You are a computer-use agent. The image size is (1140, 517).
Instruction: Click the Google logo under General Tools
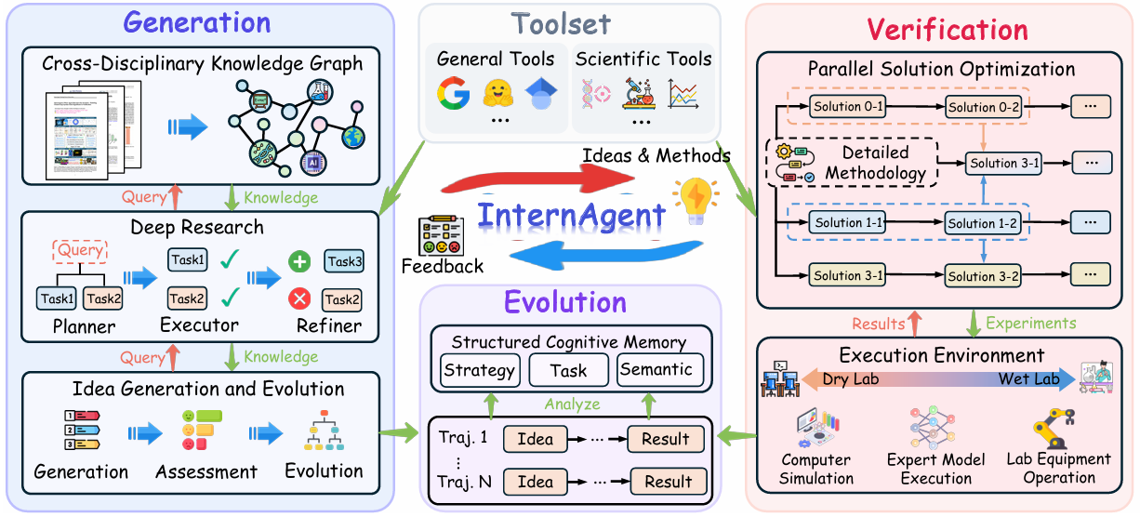454,93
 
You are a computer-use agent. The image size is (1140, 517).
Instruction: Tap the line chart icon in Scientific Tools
683,93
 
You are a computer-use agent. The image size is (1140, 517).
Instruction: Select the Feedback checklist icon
441,236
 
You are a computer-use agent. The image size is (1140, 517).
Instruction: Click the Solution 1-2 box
983,223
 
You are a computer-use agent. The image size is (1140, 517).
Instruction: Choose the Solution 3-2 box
983,276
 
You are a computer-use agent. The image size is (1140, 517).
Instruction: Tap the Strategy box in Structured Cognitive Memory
479,370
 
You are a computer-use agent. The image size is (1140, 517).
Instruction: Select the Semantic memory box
656,369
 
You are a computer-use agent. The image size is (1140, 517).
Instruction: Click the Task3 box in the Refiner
344,262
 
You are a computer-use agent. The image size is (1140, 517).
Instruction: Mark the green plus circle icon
299,261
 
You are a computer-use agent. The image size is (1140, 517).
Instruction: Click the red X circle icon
299,299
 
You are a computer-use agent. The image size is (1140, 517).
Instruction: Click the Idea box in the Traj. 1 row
535,439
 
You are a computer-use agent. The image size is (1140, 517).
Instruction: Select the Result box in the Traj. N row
667,482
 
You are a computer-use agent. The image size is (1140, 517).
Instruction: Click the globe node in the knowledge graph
352,137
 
